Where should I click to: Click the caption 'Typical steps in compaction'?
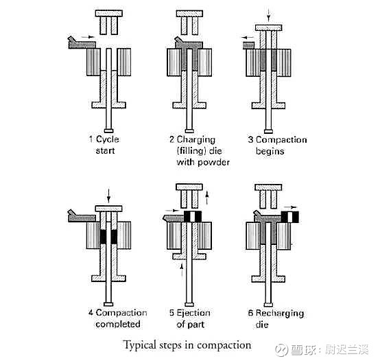[187, 345]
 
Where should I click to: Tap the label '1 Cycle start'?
[104, 145]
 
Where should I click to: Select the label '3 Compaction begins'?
[277, 145]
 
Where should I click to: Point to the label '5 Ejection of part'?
[190, 318]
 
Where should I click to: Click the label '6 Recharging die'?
[276, 318]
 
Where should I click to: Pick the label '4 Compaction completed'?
[117, 318]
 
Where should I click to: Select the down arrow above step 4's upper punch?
[108, 196]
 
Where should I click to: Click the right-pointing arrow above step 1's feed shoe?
[88, 37]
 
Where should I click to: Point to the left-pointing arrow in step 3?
[248, 38]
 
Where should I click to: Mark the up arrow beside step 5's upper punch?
[207, 198]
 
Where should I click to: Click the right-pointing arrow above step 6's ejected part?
[290, 207]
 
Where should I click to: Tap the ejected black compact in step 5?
[193, 216]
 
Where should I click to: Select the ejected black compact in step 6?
[290, 217]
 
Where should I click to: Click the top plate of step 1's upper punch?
[109, 13]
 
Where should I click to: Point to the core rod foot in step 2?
[189, 131]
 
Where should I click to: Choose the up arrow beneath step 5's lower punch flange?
[182, 270]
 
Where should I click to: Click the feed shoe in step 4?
[82, 216]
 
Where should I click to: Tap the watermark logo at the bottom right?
[281, 350]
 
